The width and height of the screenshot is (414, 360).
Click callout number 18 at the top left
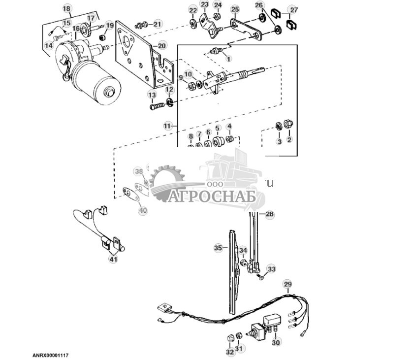67,8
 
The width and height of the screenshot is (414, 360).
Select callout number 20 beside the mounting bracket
162,46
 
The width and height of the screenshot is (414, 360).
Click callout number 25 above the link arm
235,9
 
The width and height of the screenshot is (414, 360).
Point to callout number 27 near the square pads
293,10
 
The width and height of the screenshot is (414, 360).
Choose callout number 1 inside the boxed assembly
228,59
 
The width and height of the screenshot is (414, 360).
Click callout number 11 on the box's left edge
168,126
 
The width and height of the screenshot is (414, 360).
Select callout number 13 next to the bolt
152,95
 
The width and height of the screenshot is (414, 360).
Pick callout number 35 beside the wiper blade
218,248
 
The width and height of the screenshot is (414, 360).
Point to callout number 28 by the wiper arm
269,214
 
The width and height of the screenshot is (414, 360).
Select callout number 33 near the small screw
271,269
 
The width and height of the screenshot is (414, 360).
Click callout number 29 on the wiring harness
287,285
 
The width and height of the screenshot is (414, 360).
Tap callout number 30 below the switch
275,342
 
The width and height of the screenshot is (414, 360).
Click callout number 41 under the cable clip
114,259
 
